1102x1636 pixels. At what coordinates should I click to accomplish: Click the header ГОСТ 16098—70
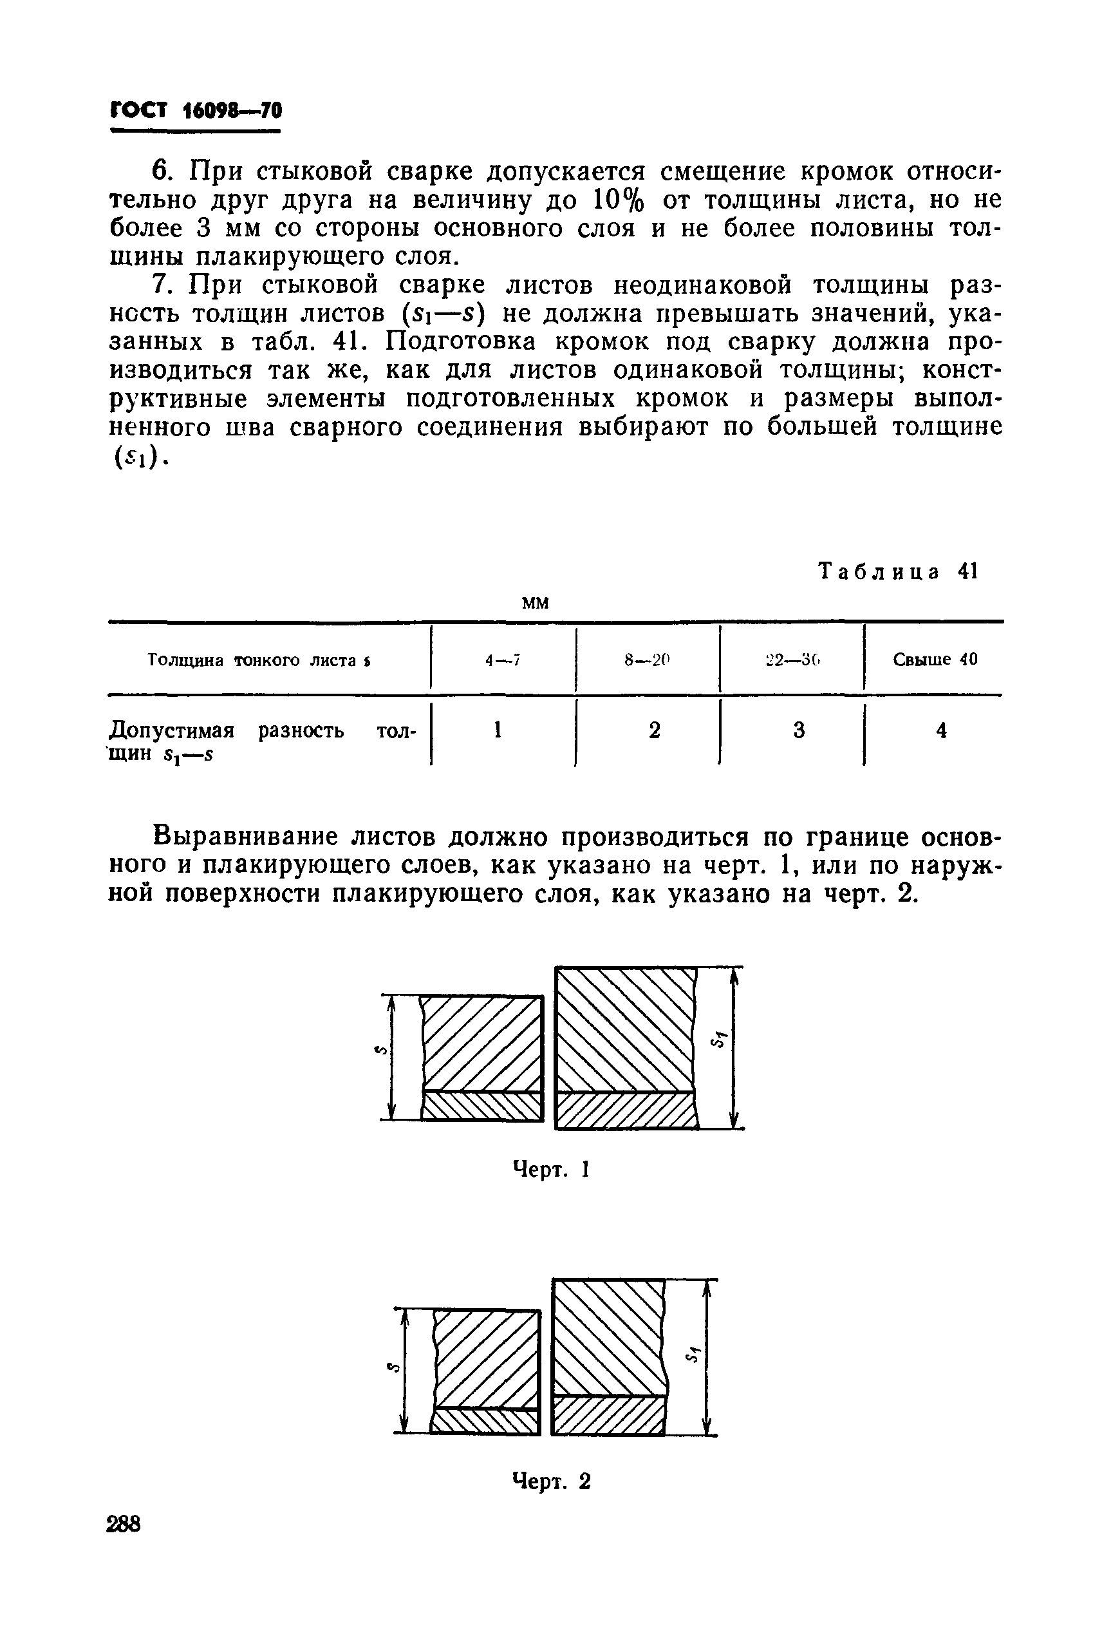[x=196, y=111]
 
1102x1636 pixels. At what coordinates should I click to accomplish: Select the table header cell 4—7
[x=502, y=660]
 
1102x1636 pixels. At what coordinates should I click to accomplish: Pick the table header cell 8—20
[x=648, y=660]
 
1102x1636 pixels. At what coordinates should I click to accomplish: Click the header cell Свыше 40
[x=935, y=660]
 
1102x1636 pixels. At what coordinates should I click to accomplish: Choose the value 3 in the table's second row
[x=799, y=731]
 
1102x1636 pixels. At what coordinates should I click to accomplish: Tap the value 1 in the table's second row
[x=498, y=731]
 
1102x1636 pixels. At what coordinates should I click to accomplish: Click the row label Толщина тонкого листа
[x=259, y=660]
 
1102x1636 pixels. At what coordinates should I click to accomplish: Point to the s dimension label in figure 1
[x=378, y=1051]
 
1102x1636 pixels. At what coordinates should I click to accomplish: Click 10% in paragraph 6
[x=619, y=200]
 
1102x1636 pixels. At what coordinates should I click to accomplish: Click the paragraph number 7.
[x=161, y=285]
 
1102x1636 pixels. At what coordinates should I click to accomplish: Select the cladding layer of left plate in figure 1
[x=482, y=1107]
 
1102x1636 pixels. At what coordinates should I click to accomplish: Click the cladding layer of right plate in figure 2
[x=609, y=1414]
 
